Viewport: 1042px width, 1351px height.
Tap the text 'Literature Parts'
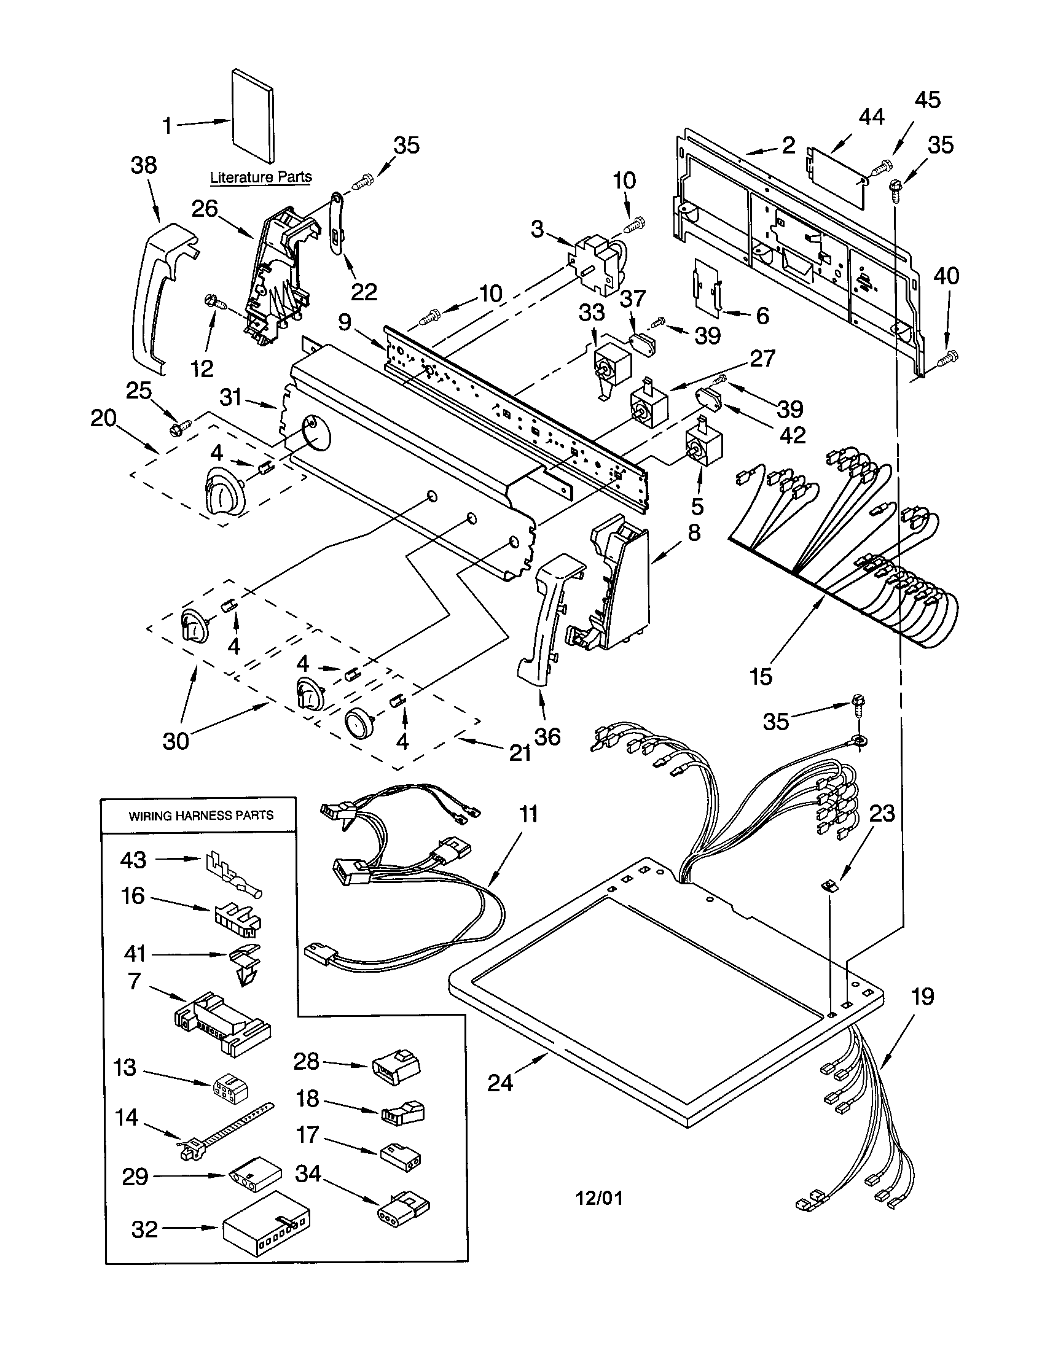(260, 177)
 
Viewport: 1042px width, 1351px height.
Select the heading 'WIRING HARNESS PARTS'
(200, 816)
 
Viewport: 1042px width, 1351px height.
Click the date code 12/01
(599, 1198)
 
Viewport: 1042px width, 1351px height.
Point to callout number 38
(144, 165)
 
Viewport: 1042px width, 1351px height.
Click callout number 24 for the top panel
(500, 1083)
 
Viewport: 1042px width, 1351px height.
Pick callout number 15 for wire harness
(761, 676)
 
